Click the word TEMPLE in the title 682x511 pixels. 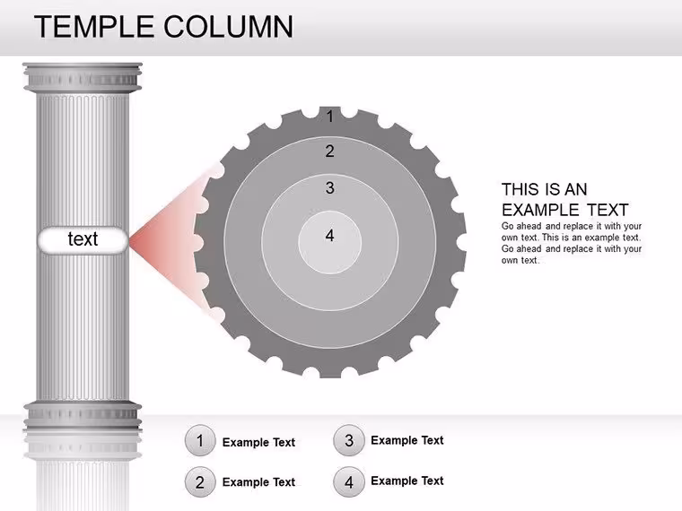pos(94,27)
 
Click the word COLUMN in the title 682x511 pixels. pos(229,27)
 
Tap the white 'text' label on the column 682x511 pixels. pos(83,239)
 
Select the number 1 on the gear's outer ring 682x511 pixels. pos(330,117)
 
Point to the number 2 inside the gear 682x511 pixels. pos(329,152)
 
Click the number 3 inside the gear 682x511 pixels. pos(329,187)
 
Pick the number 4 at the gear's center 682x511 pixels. pos(329,236)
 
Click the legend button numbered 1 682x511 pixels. pos(200,440)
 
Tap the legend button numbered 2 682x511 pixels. pos(200,482)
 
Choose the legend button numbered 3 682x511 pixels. pos(349,440)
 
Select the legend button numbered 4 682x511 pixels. pos(349,482)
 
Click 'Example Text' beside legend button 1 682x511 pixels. pos(258,442)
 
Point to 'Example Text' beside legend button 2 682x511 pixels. pos(258,482)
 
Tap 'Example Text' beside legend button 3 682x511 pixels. pos(407,440)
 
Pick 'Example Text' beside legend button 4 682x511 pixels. pos(407,481)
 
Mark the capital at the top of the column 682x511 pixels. pos(83,77)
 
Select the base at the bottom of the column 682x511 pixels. pos(83,416)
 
